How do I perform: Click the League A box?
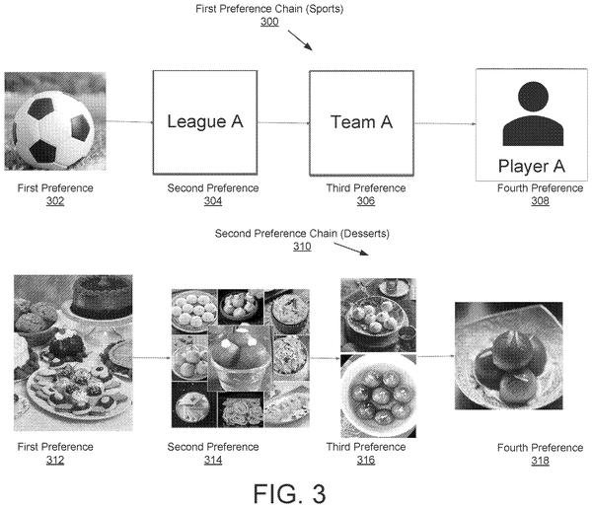click(x=205, y=122)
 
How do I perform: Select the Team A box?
click(x=361, y=123)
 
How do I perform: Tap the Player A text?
click(x=531, y=166)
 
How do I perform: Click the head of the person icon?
click(x=533, y=97)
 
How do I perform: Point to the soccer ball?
click(x=53, y=129)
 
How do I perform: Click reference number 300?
click(x=269, y=22)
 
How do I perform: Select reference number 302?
click(x=55, y=201)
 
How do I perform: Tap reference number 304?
click(x=213, y=201)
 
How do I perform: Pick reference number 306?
click(x=366, y=201)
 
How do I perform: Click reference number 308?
click(x=540, y=201)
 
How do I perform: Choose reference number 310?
click(x=302, y=247)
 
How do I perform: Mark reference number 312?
click(x=55, y=460)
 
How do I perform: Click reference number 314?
click(x=213, y=460)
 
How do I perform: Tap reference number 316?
click(x=366, y=460)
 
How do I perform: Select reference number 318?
click(x=540, y=461)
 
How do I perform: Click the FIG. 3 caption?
click(x=289, y=493)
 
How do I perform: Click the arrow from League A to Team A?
click(x=283, y=122)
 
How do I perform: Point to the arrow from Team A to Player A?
click(x=445, y=123)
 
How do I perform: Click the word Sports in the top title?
click(x=325, y=9)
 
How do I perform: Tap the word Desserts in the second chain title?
click(x=365, y=234)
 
